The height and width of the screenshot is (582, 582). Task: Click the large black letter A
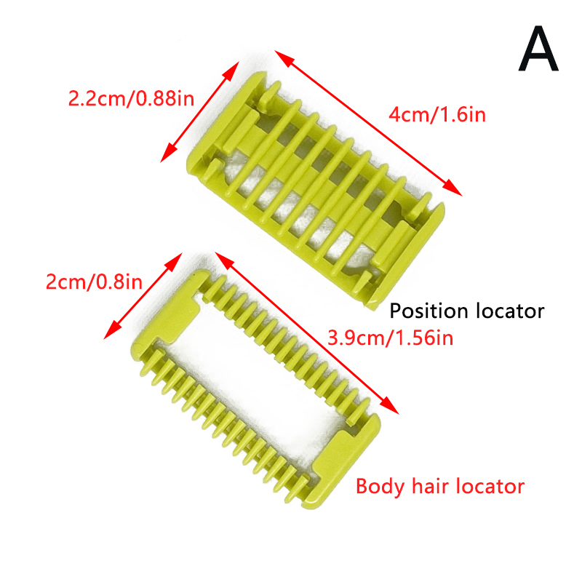click(538, 48)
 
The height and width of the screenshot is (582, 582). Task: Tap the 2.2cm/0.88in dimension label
click(131, 99)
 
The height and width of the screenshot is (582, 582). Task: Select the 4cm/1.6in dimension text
click(437, 114)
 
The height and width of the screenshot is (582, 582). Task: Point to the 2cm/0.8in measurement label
click(94, 282)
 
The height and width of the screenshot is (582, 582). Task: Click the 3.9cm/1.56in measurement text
click(391, 338)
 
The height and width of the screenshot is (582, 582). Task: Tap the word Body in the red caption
click(380, 487)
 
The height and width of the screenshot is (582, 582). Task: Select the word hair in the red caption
click(430, 486)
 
